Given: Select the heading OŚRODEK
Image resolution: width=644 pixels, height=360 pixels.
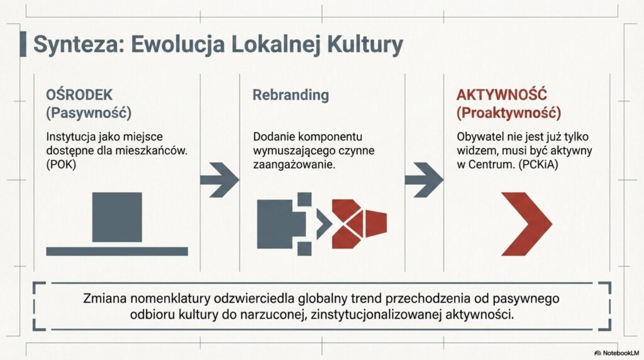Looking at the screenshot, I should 79,95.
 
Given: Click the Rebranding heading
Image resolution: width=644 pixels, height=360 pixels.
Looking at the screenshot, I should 291,95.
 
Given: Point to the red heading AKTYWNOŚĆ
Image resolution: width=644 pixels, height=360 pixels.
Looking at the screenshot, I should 501,95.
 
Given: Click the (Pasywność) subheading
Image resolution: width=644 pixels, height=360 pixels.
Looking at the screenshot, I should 89,114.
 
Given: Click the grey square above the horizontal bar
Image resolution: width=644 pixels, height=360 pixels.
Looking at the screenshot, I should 117,217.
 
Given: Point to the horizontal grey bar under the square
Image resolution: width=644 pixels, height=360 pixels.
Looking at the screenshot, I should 117,251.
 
